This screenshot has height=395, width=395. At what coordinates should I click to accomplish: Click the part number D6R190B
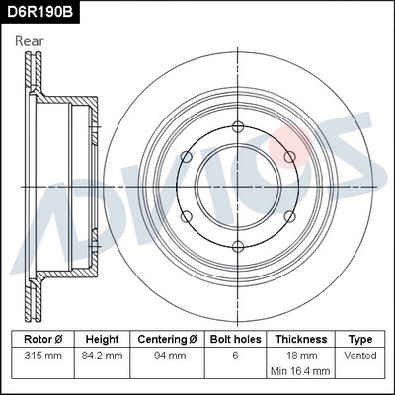[x=39, y=12]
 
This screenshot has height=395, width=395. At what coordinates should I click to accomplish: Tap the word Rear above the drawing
[x=30, y=40]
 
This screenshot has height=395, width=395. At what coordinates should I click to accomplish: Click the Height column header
[x=102, y=338]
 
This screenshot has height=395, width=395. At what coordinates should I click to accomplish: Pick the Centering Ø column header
[x=169, y=338]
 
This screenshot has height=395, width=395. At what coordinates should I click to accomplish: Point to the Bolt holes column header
[x=235, y=338]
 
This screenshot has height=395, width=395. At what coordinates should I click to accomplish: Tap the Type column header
[x=360, y=338]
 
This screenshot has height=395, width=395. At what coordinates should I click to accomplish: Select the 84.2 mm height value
[x=102, y=354]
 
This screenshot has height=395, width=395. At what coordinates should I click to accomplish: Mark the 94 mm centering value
[x=169, y=354]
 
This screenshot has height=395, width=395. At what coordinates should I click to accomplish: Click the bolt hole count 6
[x=235, y=354]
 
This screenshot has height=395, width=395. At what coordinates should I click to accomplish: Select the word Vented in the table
[x=360, y=354]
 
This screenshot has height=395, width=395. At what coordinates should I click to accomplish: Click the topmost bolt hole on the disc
[x=237, y=125]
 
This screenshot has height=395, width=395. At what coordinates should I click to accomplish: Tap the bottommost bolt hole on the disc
[x=237, y=246]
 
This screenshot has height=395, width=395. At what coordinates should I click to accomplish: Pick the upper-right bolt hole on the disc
[x=289, y=156]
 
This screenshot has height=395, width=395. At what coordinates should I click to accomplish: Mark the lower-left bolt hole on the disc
[x=186, y=216]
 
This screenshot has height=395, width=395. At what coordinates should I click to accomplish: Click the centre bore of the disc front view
[x=237, y=186]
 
